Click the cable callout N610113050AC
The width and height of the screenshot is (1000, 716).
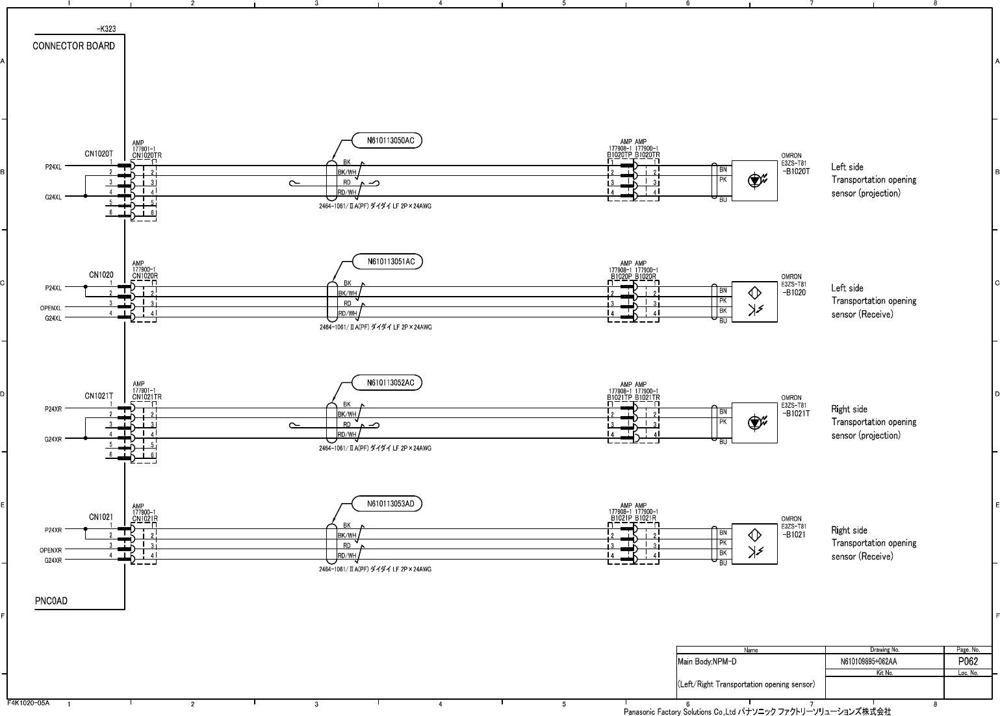tap(387, 140)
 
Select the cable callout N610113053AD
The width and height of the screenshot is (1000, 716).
tap(387, 504)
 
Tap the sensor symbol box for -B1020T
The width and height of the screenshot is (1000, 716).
tap(754, 180)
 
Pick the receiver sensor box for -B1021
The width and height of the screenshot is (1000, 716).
tap(754, 544)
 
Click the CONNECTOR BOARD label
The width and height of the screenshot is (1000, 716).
tap(73, 46)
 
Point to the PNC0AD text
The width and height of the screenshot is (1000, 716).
tap(51, 601)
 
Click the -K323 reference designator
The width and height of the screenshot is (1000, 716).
tap(107, 29)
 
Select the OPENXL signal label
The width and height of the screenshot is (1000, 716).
tap(51, 308)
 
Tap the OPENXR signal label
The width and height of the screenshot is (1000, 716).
tap(51, 550)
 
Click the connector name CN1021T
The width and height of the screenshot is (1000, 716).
tap(99, 396)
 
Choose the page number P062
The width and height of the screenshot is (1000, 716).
tap(968, 661)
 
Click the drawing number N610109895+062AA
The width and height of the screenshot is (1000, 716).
tap(869, 661)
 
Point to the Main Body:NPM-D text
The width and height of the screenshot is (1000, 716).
tap(707, 661)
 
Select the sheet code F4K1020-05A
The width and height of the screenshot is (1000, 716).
tap(28, 703)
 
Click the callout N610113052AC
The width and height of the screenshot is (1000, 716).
tap(387, 383)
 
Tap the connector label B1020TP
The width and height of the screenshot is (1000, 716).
tap(619, 154)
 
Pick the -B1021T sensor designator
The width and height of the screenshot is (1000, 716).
tap(796, 414)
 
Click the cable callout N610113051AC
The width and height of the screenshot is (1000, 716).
tap(387, 262)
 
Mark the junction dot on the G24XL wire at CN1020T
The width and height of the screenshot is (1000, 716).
tap(86, 196)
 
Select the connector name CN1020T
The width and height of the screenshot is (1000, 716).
tap(99, 154)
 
